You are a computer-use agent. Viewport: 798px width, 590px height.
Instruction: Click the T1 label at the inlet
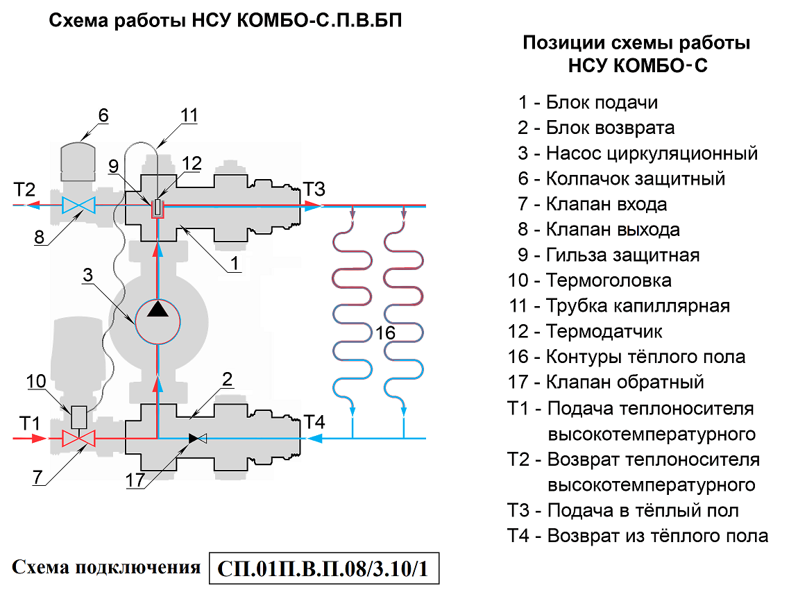(28, 422)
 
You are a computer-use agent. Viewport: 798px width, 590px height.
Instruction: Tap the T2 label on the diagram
(24, 189)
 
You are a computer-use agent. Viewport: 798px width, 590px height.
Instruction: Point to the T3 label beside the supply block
(313, 189)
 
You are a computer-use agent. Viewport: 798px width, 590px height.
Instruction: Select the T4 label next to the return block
(314, 422)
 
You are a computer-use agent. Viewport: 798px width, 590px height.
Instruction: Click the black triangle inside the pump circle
(158, 309)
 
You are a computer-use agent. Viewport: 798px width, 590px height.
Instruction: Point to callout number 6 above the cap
(103, 115)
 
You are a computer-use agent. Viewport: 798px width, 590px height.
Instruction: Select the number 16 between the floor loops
(385, 333)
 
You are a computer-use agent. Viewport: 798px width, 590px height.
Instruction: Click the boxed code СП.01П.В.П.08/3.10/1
(324, 569)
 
